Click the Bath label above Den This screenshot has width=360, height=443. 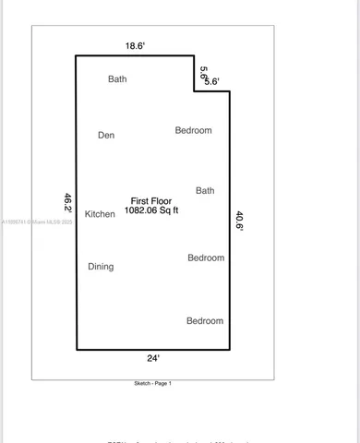coord(117,79)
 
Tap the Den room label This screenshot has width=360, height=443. coord(106,136)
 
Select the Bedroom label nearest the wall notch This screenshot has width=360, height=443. coord(193,130)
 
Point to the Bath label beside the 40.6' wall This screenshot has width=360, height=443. coord(205,191)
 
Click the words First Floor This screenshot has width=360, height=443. coord(151,200)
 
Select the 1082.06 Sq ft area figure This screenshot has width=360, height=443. coord(151,210)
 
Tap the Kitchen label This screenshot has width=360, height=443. coord(100,214)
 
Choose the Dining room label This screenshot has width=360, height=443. coord(101,267)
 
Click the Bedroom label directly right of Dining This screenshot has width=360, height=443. coord(206,258)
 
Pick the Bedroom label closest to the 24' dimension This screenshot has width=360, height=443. coord(205,321)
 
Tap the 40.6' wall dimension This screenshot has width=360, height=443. coord(239,222)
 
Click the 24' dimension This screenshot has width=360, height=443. coord(153,357)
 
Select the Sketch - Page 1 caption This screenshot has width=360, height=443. coord(152,383)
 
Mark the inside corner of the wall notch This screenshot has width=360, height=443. coord(195,90)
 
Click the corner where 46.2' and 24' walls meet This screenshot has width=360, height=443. coord(76,349)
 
